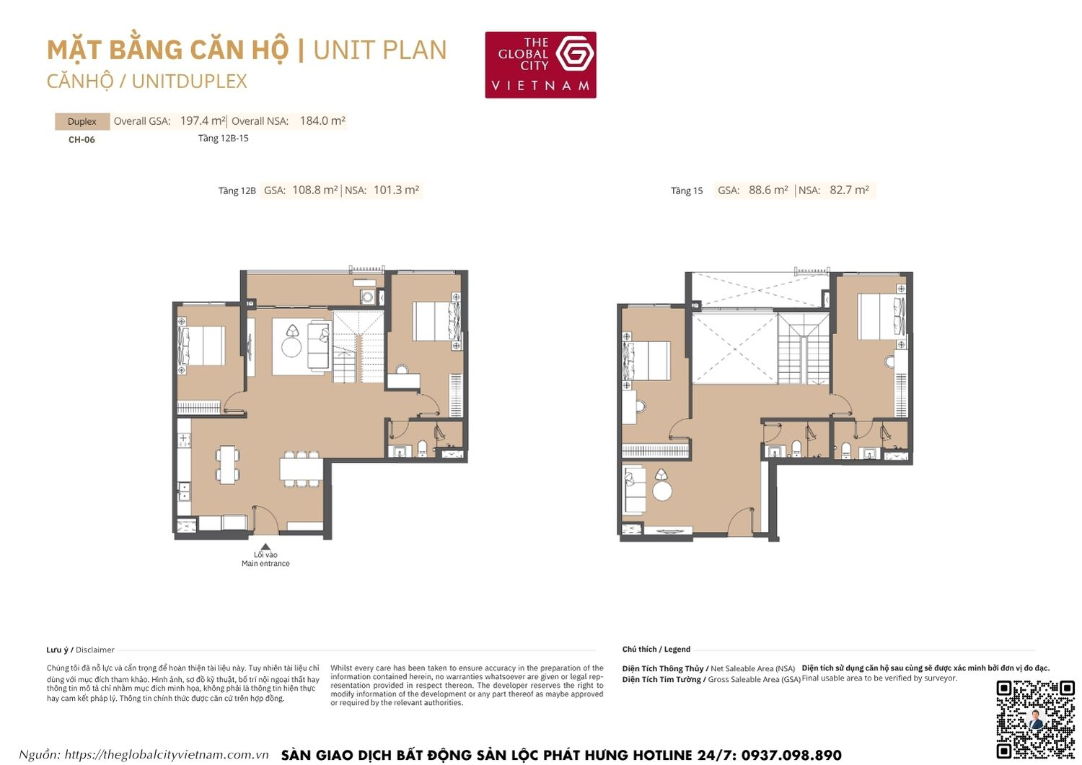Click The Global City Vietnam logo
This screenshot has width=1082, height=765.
[540, 64]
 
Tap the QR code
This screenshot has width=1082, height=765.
[1035, 719]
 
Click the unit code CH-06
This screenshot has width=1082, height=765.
[82, 140]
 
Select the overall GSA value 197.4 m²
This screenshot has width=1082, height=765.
[203, 121]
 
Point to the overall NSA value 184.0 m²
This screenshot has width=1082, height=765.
[322, 121]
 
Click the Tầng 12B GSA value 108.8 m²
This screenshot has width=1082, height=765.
[315, 191]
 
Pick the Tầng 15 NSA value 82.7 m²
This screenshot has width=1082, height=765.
[849, 191]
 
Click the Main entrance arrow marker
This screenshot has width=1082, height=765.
[265, 547]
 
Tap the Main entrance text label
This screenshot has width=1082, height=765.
[265, 564]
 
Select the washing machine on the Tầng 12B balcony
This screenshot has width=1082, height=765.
[368, 297]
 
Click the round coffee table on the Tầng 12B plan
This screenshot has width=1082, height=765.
[291, 347]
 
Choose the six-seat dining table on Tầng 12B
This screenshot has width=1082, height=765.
[301, 469]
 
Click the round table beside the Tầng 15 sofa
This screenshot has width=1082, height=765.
[662, 490]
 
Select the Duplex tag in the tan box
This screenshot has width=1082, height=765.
[82, 121]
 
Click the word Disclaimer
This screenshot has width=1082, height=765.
[95, 650]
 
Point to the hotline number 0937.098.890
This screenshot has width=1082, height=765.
[791, 756]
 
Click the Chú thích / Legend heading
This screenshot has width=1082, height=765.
[656, 650]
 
